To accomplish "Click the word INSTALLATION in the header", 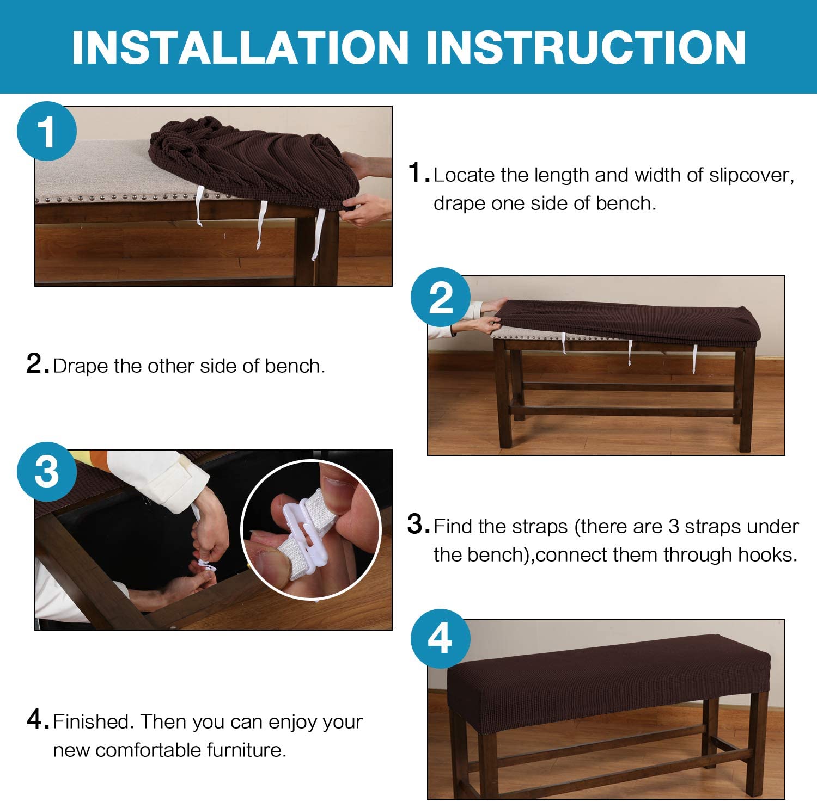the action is pos(240,47).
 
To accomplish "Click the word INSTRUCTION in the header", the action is pos(586,47).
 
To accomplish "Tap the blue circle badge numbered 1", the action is pos(47,131).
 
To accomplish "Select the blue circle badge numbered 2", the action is pos(441,297).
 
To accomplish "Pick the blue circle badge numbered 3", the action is pos(47,471).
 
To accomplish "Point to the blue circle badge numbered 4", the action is pos(441,638).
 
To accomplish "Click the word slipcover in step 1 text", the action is pos(751,175).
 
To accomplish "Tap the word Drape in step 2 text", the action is pos(81,366).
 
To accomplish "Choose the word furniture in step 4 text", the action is pos(246,750).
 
